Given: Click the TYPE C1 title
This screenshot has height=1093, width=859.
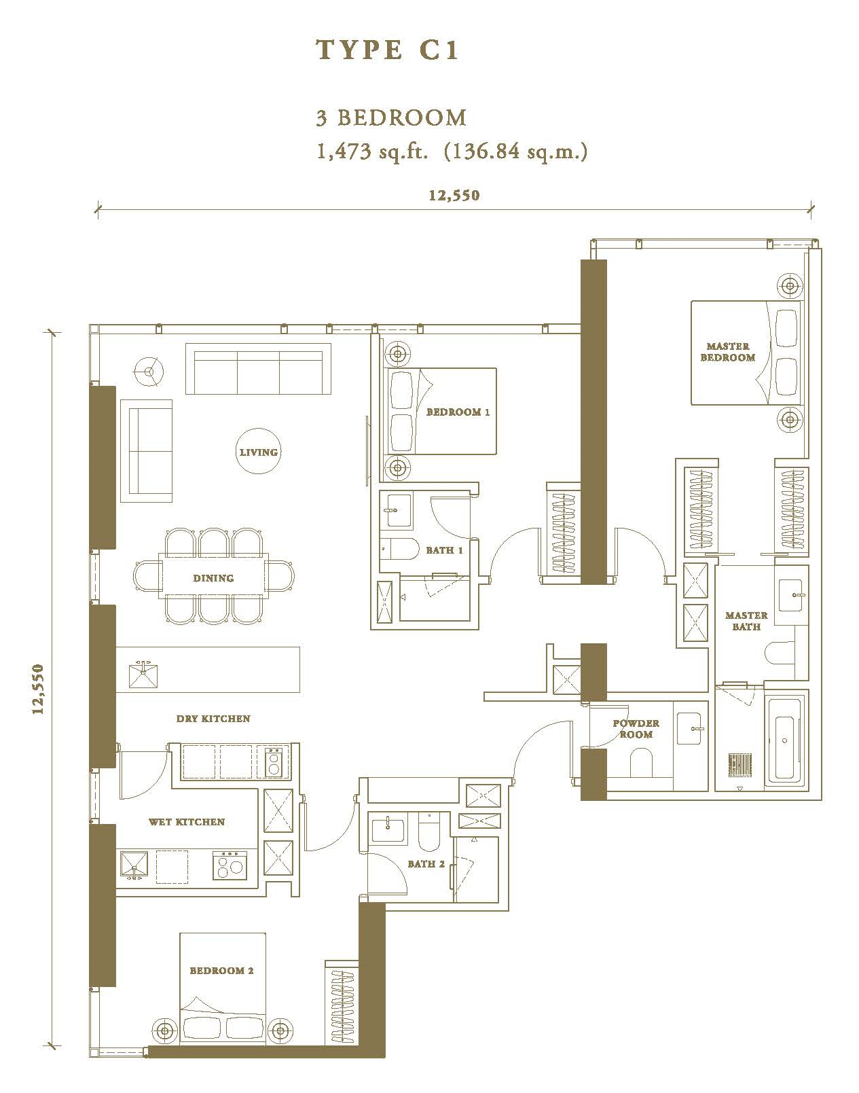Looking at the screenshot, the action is pos(387,50).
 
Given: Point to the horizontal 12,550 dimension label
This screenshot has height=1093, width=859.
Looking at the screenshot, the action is pos(454,196).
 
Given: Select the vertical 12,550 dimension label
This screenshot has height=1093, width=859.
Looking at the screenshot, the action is pos(38,689).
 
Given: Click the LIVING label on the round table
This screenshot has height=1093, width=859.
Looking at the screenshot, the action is pos(259,452).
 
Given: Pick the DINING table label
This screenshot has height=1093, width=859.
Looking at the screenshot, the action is pos(213,578).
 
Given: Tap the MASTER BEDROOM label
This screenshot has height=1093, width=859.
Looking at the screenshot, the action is pos(727,351).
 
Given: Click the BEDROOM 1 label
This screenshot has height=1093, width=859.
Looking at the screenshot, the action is pos(458,412).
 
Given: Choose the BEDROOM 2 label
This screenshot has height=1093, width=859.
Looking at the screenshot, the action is pos(221,971).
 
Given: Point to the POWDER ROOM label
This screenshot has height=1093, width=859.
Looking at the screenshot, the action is pos(636,728).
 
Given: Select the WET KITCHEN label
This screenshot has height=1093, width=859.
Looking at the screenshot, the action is pos(186,822).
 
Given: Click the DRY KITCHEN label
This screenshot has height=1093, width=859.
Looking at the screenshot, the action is pos(213,719).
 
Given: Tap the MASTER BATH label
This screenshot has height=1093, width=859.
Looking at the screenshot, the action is pos(746,621).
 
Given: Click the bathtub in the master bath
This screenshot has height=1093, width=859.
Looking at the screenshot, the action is pos(785,740).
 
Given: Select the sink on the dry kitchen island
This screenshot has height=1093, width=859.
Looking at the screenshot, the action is pos(143,675).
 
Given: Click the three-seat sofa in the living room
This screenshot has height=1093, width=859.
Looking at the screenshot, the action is pos(258,368).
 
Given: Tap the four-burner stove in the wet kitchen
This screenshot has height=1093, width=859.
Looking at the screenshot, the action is pos(230,865).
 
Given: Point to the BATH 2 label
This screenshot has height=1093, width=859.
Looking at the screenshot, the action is pos(426,863).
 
